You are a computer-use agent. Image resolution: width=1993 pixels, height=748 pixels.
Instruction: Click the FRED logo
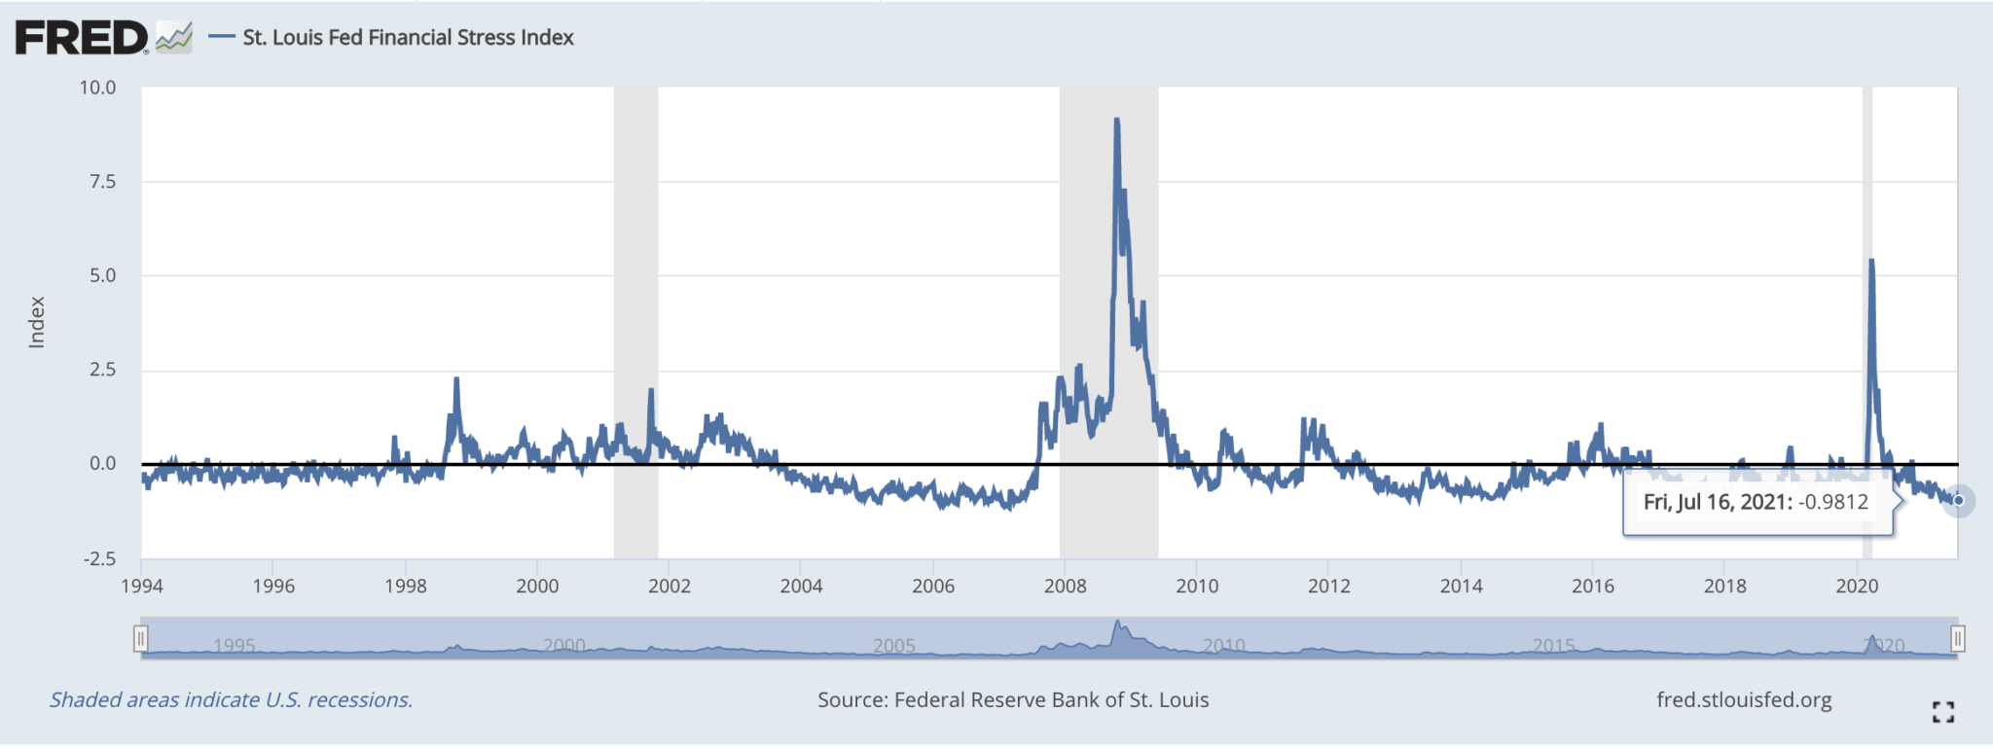82,38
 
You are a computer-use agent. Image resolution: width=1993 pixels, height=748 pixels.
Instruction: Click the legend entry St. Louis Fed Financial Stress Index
408,38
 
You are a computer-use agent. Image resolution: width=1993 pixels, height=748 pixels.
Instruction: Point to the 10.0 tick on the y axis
97,88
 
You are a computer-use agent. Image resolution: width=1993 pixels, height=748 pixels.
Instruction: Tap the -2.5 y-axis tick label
99,558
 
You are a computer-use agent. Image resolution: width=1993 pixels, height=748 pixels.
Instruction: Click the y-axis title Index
37,322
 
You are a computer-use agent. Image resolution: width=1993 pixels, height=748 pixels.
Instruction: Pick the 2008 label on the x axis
1065,586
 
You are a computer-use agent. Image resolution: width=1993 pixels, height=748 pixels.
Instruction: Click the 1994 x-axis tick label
142,586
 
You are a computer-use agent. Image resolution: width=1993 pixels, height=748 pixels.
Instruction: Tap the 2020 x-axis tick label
1857,586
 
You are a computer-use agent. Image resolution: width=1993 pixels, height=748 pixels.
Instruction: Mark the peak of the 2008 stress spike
1116,120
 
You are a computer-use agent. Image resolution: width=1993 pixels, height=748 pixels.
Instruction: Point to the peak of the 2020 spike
1872,261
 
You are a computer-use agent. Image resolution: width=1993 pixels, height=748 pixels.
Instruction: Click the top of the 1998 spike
456,378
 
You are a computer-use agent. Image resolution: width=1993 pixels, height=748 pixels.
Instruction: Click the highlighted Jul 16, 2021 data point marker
1958,501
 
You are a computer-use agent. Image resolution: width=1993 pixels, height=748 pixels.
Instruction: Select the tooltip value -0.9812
1832,502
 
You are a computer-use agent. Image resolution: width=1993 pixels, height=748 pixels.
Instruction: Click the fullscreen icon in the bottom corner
1942,712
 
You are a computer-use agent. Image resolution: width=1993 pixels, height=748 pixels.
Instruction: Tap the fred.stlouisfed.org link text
1744,700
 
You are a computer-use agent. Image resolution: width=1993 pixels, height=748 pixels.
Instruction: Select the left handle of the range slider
141,639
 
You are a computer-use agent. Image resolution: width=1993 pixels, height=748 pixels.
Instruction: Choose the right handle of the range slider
1957,639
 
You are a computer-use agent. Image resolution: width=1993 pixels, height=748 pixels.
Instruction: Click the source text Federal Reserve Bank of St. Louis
1051,700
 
